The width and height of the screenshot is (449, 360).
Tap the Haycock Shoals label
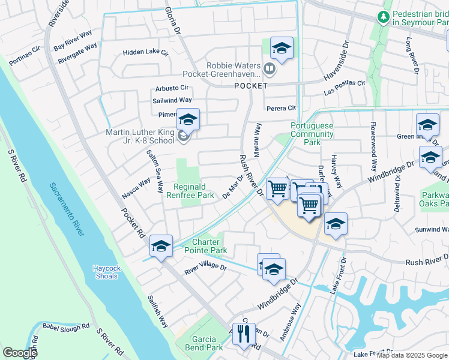click(107, 272)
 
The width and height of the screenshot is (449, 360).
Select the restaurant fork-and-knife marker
click(243, 333)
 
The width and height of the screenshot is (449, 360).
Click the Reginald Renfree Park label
click(194, 191)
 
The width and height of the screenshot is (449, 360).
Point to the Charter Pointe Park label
click(202, 246)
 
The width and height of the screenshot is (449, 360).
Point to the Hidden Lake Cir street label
click(146, 53)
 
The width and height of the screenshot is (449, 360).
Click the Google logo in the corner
click(20, 352)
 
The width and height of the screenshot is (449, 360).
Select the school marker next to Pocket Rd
click(161, 246)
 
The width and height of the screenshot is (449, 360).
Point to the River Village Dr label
click(205, 268)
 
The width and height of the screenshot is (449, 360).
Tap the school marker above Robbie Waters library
click(281, 47)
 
